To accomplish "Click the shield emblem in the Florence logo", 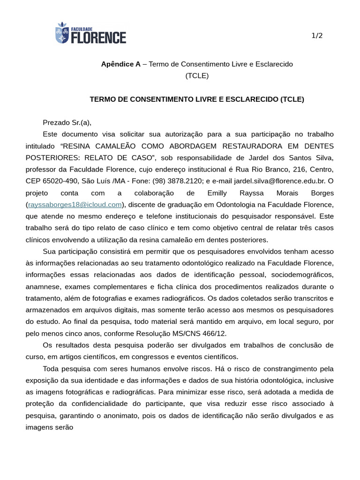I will (62, 33).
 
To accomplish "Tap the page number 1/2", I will (317, 36).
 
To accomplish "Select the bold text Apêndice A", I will (120, 64).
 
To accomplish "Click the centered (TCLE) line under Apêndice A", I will (197, 75).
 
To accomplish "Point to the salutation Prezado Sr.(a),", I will (67, 123).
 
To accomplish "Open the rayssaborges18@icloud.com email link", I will (75, 204).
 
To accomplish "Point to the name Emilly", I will (217, 193).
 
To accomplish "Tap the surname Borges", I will (322, 193).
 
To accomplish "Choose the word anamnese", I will (43, 286).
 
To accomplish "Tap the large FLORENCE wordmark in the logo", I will (99, 37).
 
